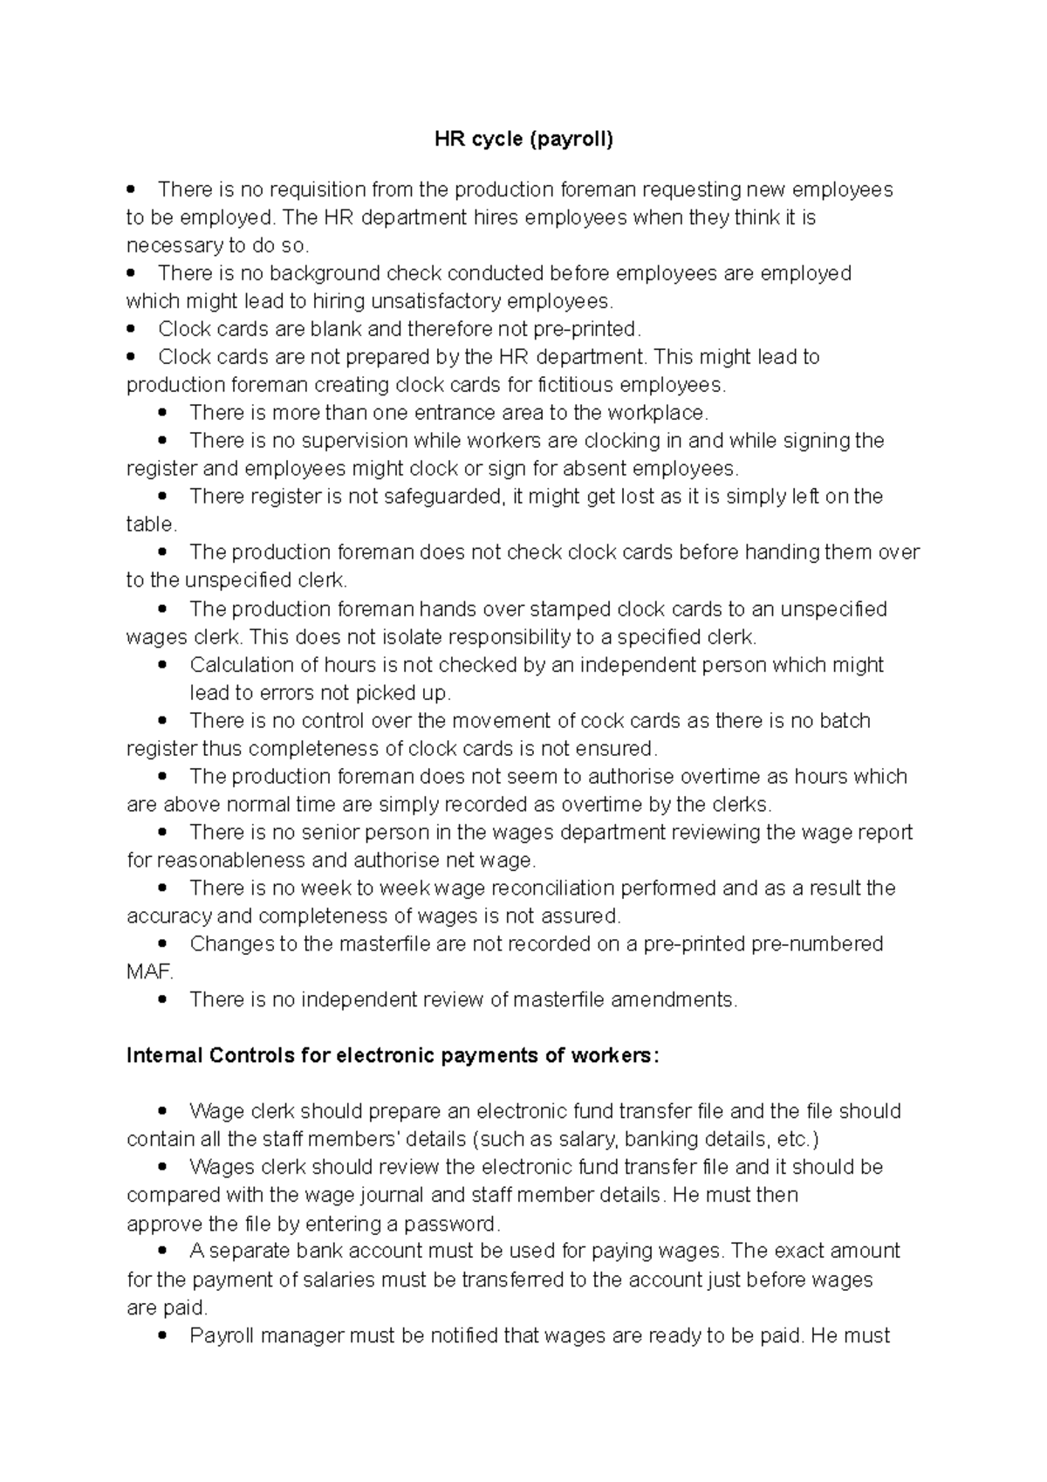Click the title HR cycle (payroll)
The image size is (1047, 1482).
click(x=524, y=139)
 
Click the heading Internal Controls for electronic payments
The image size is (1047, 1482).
click(x=393, y=1055)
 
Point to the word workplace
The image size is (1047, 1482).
click(x=659, y=413)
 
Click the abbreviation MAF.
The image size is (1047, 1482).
click(x=149, y=972)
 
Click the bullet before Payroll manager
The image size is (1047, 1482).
click(x=162, y=1336)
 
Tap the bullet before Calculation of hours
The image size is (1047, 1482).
click(x=162, y=665)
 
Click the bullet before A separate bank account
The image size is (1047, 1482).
click(x=162, y=1252)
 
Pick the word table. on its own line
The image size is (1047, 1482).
click(x=152, y=525)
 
